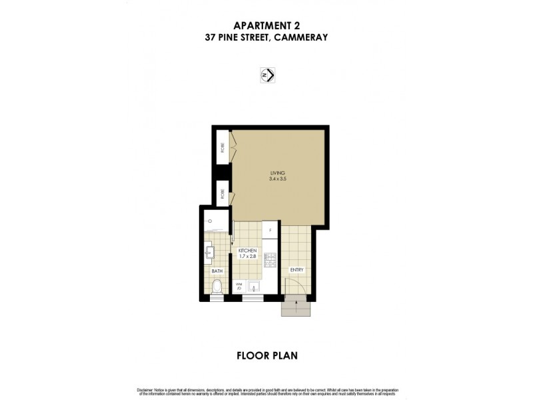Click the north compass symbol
pos(266,75)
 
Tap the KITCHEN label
pos(247,251)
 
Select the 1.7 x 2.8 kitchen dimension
pos(247,257)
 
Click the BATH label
pos(217,271)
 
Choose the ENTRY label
pos(296,269)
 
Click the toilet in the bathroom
pos(216,287)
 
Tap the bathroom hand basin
pos(210,252)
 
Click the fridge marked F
pos(270,231)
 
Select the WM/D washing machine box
pos(239,287)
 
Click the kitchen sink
pos(253,288)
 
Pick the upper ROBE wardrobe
pos(222,148)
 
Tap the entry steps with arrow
pos(296,307)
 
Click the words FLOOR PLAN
pos(266,355)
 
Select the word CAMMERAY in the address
pos(303,38)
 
